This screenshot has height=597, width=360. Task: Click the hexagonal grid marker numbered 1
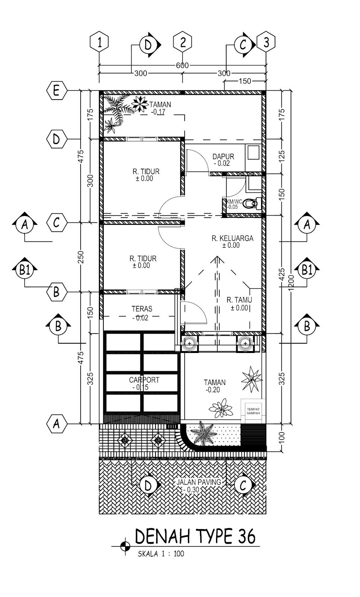[x=99, y=42]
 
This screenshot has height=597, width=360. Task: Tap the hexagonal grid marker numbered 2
[x=182, y=42]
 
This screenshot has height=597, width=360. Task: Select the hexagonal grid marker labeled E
[x=56, y=91]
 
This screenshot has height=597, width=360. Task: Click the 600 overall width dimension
[x=182, y=65]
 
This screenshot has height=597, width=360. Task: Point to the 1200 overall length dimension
[x=291, y=282]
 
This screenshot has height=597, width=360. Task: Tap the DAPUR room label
[x=223, y=156]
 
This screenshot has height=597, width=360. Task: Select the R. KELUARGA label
[x=232, y=238]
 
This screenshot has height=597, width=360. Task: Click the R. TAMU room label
[x=239, y=300]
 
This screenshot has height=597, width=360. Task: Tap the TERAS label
[x=142, y=309]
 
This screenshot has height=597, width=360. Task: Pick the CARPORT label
[x=144, y=380]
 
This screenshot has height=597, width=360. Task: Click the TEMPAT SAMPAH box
[x=253, y=411]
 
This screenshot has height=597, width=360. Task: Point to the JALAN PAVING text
[x=199, y=482]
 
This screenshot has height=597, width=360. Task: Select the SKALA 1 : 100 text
[x=161, y=554]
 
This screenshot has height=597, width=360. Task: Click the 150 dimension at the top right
[x=245, y=81]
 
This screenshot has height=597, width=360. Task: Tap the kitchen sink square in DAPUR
[x=253, y=152]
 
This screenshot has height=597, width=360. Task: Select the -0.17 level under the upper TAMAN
[x=158, y=112]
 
